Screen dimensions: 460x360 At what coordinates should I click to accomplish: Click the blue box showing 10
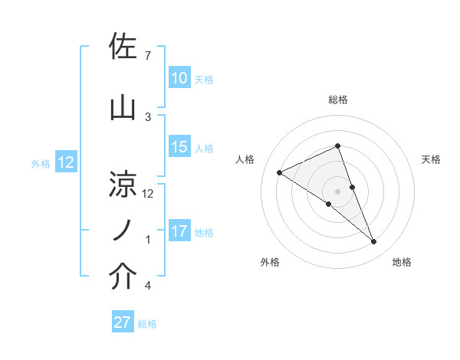coord(179,78)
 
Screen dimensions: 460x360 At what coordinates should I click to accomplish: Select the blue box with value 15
coord(179,147)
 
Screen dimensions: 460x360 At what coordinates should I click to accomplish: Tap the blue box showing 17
coord(179,231)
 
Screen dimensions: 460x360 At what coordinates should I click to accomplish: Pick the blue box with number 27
coord(123,322)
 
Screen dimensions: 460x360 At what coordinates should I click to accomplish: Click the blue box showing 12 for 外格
coord(65,162)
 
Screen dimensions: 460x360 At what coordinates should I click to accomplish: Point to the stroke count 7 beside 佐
coord(148,55)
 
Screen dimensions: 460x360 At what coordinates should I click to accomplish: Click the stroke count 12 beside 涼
coord(149,193)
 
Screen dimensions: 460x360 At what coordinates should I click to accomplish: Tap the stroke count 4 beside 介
coord(148,286)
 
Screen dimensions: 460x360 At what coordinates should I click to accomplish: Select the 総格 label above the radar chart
coord(337,100)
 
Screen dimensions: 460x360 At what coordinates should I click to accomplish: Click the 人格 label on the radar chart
coord(245,159)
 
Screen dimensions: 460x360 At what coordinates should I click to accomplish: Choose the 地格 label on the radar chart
coord(402,262)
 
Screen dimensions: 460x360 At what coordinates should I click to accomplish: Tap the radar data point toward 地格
coord(374,242)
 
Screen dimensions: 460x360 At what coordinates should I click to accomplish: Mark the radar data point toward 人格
coord(279,173)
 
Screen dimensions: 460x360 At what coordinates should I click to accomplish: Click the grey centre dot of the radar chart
coord(337,191)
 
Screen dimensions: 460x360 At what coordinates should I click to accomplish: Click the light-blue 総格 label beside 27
coord(148,324)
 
